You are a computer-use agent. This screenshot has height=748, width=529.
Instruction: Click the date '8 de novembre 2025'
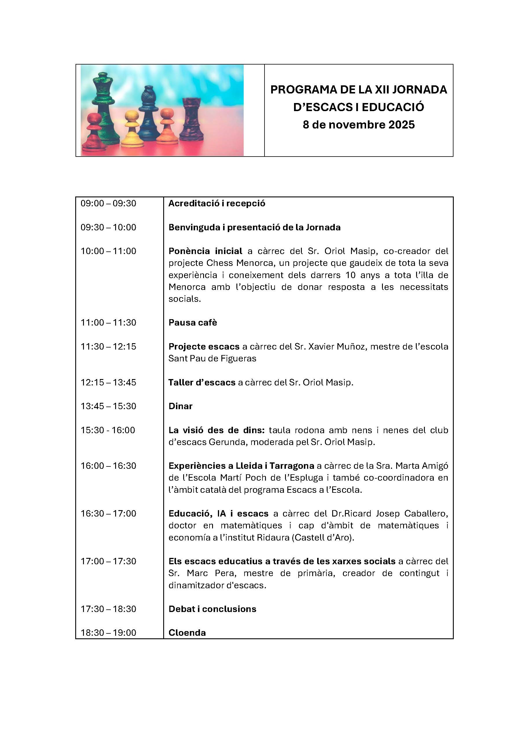(x=359, y=125)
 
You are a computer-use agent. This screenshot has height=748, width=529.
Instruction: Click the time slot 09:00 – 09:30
(x=109, y=204)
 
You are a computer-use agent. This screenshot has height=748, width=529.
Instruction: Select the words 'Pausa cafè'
(x=192, y=323)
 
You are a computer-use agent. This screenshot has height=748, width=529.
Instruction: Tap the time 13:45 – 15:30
(x=109, y=406)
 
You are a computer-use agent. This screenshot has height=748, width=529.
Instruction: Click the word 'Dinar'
(x=181, y=406)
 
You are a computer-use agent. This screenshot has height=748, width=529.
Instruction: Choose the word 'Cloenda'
(x=187, y=633)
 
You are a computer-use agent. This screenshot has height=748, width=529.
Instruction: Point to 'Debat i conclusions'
(x=212, y=609)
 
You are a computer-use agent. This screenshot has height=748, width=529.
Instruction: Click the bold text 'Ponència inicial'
(x=205, y=251)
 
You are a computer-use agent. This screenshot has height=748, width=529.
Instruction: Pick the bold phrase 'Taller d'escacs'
(x=202, y=383)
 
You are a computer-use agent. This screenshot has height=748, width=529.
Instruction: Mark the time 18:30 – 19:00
(x=109, y=633)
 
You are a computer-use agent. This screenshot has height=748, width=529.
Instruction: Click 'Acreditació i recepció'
(x=217, y=204)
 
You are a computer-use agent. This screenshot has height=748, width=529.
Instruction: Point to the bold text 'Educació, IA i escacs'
(x=218, y=514)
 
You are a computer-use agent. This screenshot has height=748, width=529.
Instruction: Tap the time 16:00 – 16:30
(x=109, y=466)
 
